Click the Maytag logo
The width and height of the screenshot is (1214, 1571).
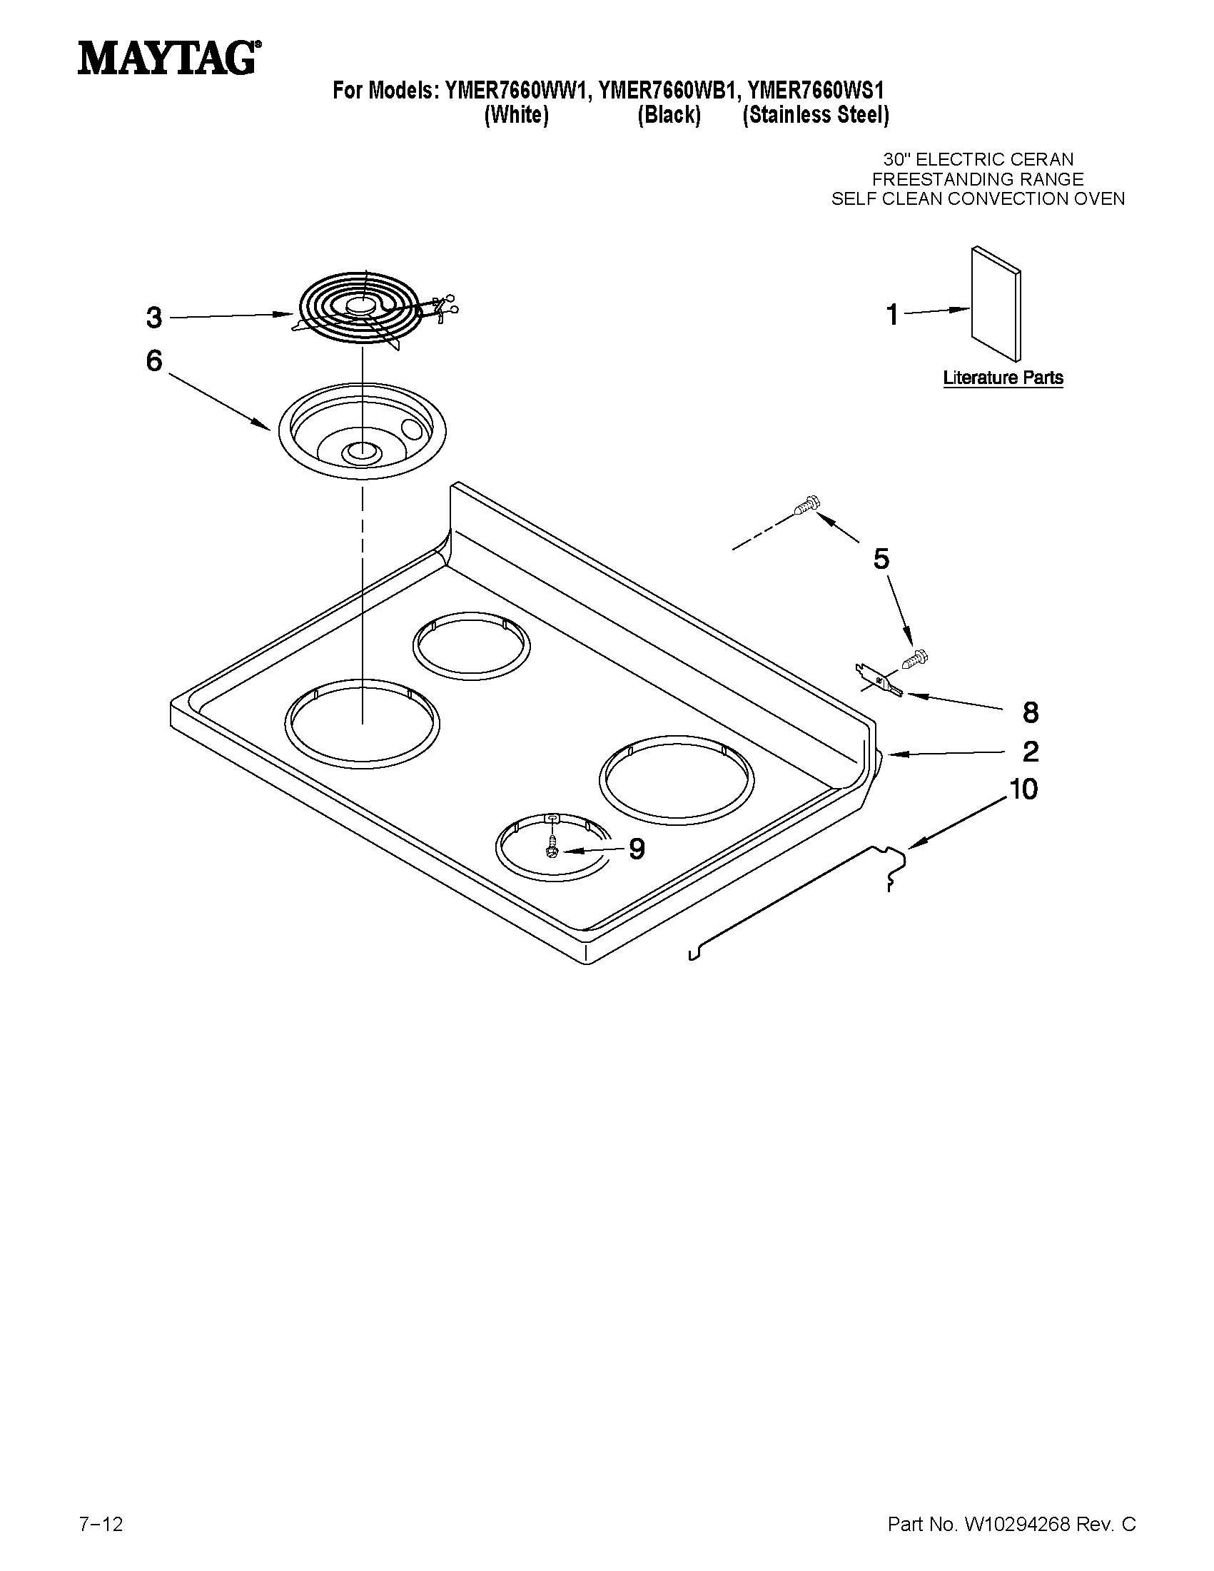[x=169, y=58]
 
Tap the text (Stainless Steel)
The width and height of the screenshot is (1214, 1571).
[x=816, y=115]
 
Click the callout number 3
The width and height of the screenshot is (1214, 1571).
[x=154, y=317]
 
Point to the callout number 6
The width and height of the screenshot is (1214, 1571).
[x=154, y=360]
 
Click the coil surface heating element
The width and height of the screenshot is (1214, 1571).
[x=363, y=309]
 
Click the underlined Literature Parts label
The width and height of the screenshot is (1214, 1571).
[x=1003, y=378]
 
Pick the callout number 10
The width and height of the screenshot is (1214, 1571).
[x=1024, y=789]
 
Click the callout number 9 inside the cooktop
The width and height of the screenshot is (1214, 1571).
[x=637, y=849]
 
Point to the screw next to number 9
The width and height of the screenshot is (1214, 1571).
[x=552, y=846]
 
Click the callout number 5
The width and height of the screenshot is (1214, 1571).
[x=881, y=558]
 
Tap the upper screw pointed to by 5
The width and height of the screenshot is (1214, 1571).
[x=806, y=505]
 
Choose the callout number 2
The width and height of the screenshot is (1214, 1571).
[x=1031, y=752]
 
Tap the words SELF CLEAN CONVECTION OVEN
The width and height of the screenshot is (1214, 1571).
[x=977, y=199]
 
